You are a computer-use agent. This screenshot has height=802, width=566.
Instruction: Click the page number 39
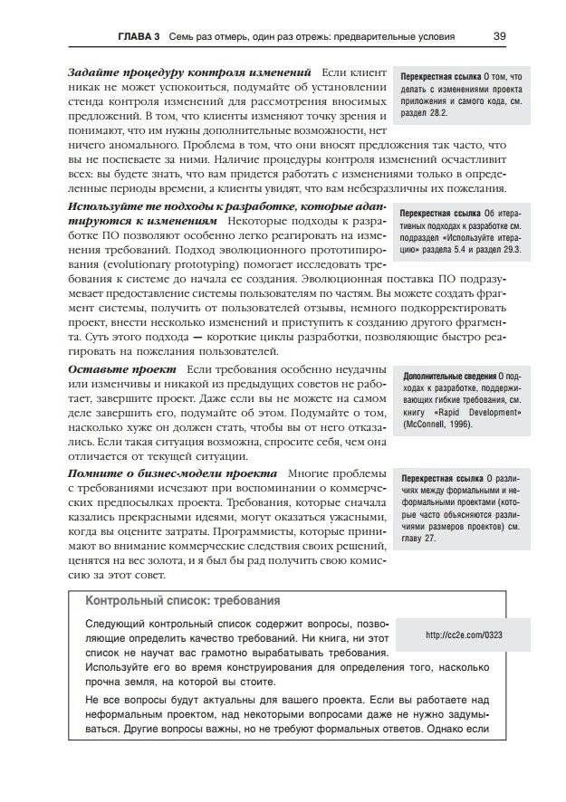tap(499, 37)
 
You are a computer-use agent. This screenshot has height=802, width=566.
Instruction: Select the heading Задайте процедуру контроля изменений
tap(189, 72)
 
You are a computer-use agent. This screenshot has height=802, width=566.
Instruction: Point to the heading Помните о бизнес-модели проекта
tap(172, 473)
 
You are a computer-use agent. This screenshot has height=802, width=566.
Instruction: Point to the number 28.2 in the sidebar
tap(443, 117)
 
